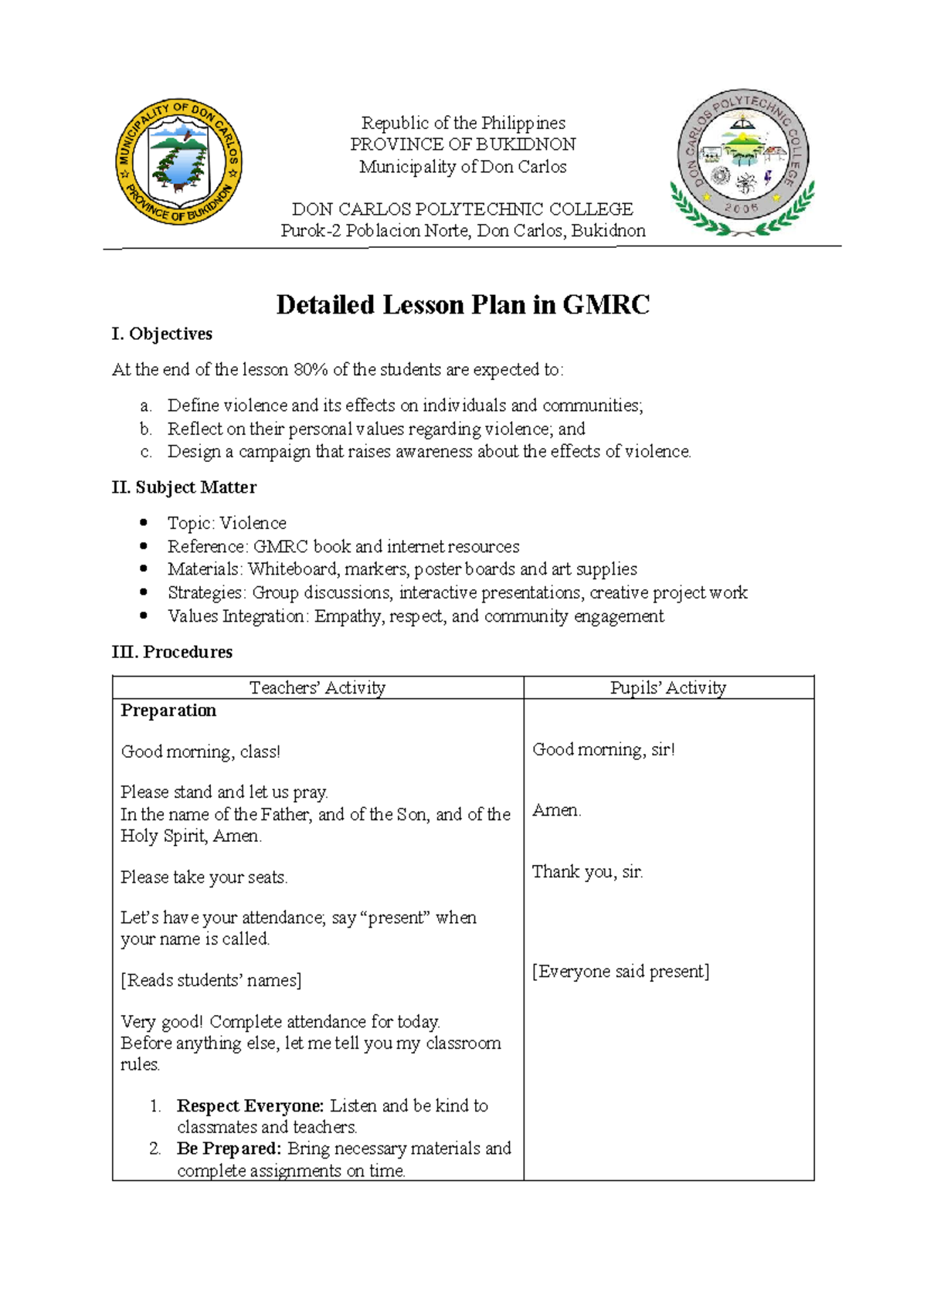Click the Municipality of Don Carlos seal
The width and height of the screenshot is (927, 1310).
pyautogui.click(x=178, y=161)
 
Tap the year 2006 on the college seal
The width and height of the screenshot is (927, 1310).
pyautogui.click(x=741, y=209)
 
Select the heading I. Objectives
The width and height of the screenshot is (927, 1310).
pyautogui.click(x=162, y=334)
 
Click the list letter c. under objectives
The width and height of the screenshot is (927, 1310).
pyautogui.click(x=146, y=452)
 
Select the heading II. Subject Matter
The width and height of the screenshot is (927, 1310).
pyautogui.click(x=184, y=487)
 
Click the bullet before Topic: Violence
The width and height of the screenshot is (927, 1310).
pyautogui.click(x=144, y=523)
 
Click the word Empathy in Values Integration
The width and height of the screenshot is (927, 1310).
pyautogui.click(x=348, y=616)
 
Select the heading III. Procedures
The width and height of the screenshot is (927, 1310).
pyautogui.click(x=171, y=652)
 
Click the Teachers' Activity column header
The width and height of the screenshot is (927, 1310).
pyautogui.click(x=317, y=687)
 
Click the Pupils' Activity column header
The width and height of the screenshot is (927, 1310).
pyautogui.click(x=668, y=687)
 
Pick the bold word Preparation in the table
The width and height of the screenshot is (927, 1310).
pyautogui.click(x=168, y=711)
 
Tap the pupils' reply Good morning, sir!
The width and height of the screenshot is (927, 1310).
pyautogui.click(x=603, y=749)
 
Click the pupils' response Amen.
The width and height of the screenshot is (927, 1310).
pyautogui.click(x=556, y=810)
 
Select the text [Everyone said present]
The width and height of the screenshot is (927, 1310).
pyautogui.click(x=620, y=972)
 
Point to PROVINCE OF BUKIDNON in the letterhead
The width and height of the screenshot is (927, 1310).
pyautogui.click(x=463, y=144)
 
